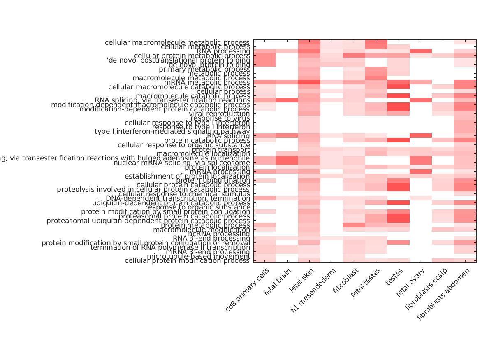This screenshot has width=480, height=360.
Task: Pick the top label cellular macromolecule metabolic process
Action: point(177,42)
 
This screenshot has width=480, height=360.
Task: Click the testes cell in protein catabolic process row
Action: point(399,140)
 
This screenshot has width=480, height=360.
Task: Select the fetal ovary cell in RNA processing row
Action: point(421,51)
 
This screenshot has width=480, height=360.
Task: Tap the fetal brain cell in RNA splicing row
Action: point(287,136)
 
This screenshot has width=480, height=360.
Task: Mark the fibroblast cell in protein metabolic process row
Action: point(354,225)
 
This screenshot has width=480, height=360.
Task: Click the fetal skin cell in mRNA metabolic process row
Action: point(309,82)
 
